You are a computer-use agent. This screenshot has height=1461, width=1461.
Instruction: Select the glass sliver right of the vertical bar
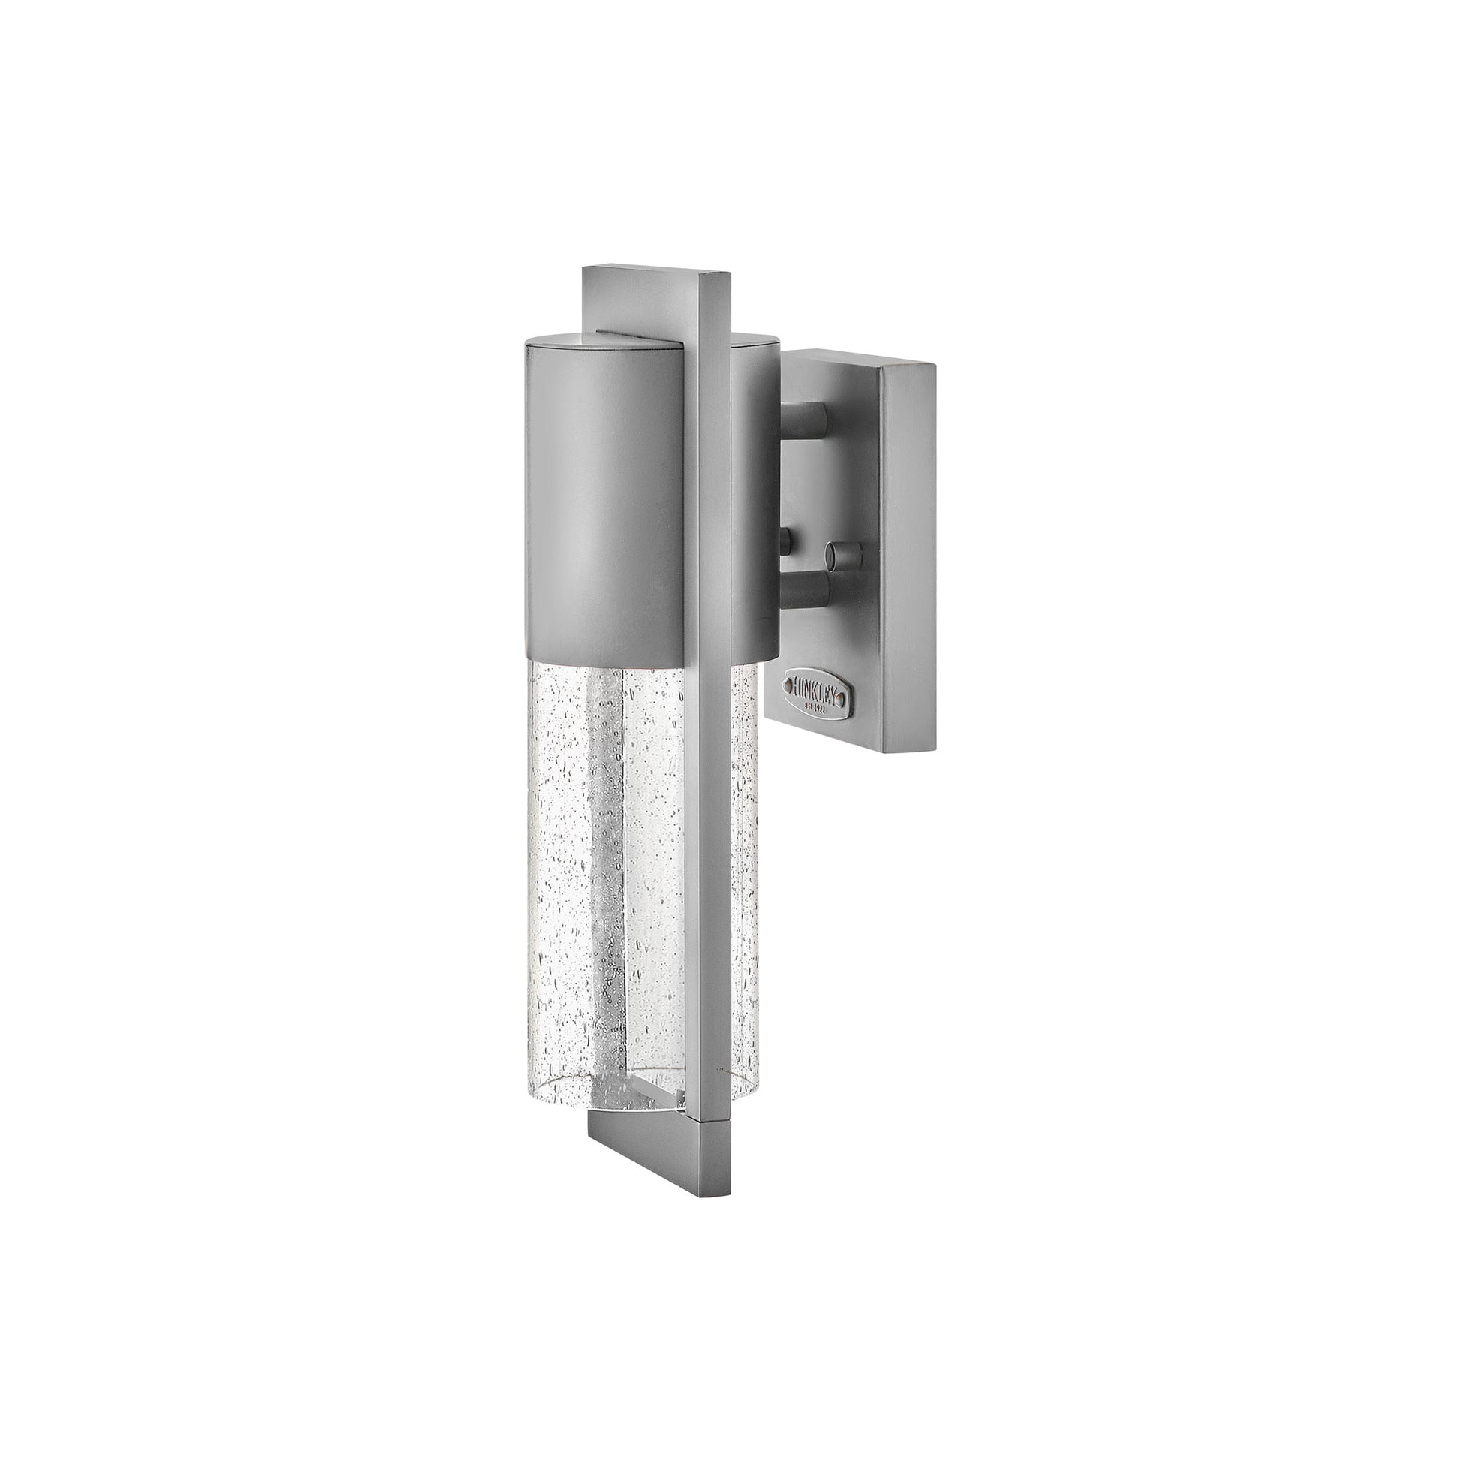[745, 869]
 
